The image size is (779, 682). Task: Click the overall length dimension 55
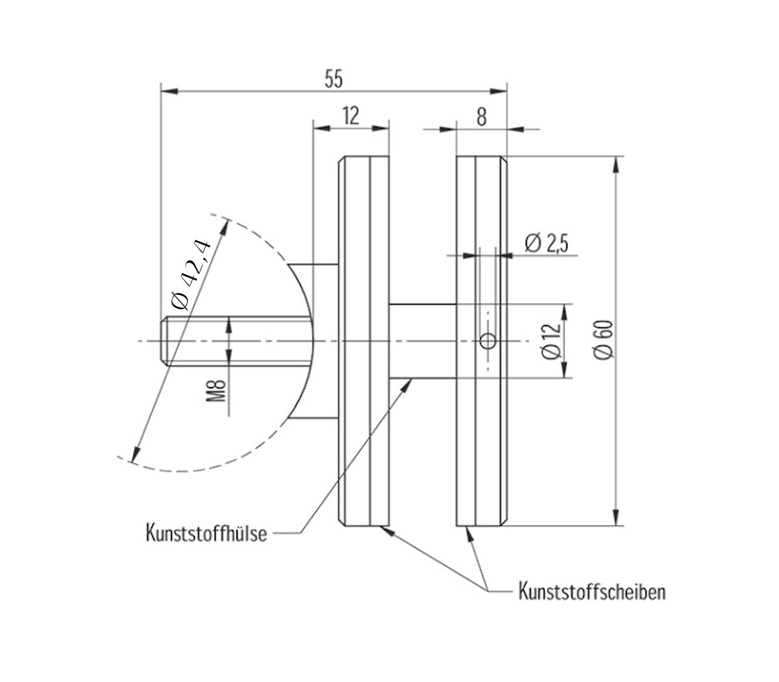point(333,79)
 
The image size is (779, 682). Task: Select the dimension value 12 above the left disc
point(351,116)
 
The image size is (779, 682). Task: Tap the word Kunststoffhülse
point(206,534)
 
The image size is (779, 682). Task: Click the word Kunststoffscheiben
point(591,592)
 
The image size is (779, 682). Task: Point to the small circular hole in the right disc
point(488,341)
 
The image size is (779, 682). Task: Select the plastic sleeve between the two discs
point(422,340)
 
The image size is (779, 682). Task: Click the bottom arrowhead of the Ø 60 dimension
point(615,518)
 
